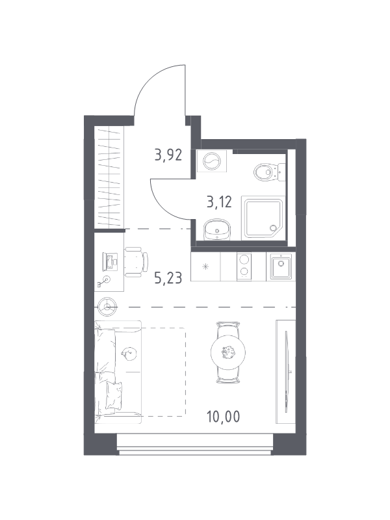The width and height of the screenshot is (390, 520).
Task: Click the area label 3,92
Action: [x=168, y=155]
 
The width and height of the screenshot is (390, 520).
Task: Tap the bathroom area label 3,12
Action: [x=219, y=201]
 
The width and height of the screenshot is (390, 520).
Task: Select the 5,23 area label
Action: [x=168, y=278]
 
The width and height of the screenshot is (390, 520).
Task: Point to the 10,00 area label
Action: [x=223, y=417]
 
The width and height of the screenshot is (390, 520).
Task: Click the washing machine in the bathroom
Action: [x=212, y=161]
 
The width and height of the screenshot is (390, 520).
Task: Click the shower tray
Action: [x=263, y=217]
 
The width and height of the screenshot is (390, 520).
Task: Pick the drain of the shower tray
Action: [x=273, y=228]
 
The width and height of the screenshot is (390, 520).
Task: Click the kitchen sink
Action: [x=281, y=266]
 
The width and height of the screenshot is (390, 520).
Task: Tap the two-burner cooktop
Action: [x=244, y=266]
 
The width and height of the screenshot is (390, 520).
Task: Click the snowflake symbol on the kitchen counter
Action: [x=206, y=266]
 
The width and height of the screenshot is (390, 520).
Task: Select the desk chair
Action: [x=136, y=262]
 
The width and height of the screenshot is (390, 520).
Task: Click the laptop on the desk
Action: [x=110, y=262]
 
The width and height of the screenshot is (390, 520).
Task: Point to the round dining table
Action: [x=228, y=352]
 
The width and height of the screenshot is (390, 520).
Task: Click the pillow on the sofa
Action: [x=114, y=396]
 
